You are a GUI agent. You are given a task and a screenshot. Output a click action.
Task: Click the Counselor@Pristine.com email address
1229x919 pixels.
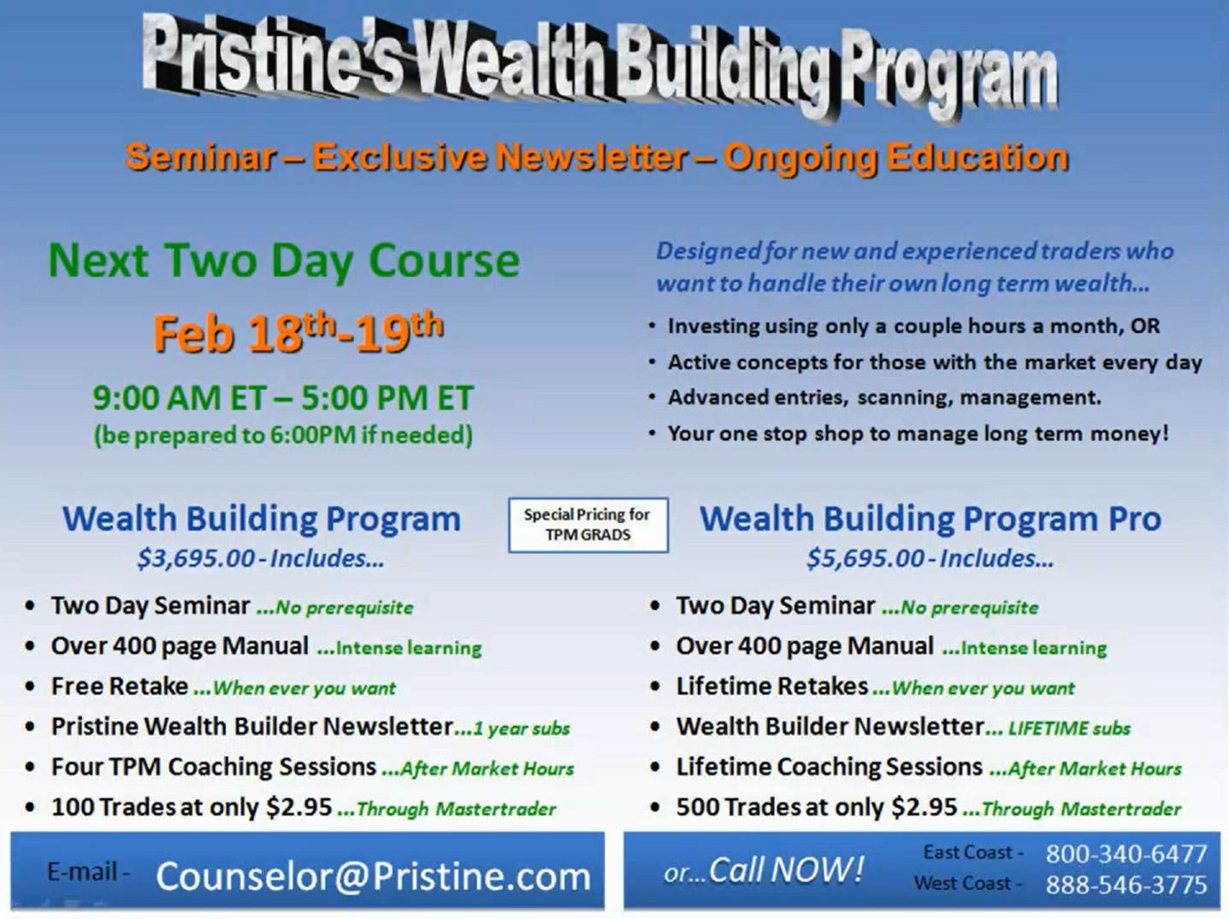coord(374,876)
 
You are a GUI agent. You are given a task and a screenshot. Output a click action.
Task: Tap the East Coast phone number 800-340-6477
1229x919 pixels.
coord(1126,854)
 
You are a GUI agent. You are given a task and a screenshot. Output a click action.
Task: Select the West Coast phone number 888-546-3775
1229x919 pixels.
coord(1126,885)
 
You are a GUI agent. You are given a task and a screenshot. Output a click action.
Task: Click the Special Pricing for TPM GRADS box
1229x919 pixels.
coord(588,525)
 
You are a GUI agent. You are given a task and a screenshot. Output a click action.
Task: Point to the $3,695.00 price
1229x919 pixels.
coord(196,558)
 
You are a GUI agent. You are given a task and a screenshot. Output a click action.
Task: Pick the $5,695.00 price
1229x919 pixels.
coord(866,558)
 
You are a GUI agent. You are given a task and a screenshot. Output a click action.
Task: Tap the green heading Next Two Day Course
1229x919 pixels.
coord(284,261)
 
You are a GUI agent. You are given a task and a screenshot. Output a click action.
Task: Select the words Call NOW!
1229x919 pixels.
coord(786,870)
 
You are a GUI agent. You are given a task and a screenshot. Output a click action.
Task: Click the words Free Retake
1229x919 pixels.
coord(120,686)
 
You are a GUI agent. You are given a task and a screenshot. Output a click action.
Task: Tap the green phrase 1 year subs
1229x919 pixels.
coord(521,728)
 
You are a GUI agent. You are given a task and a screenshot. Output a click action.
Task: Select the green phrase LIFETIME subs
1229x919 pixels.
coord(1069,728)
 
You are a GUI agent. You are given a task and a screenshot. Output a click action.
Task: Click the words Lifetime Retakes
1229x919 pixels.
coord(772,686)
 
